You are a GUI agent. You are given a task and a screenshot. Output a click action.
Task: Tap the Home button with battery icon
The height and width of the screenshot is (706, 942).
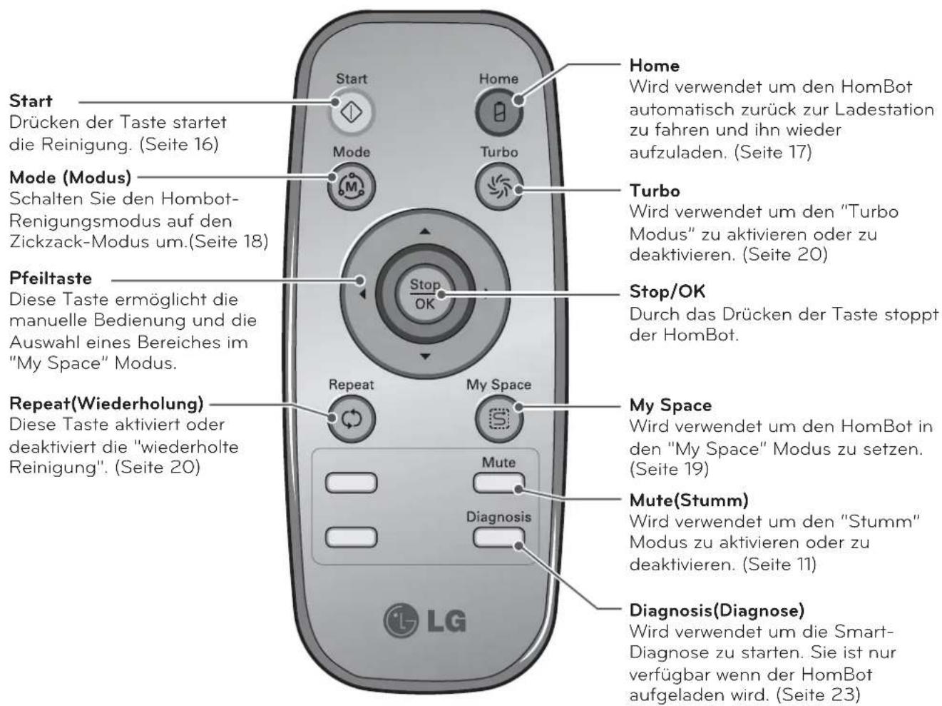pyautogui.click(x=498, y=113)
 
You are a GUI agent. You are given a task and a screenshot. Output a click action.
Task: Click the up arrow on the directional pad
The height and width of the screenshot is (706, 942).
pyautogui.click(x=425, y=231)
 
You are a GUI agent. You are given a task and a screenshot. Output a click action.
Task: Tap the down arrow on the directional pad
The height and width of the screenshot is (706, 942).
pyautogui.click(x=425, y=355)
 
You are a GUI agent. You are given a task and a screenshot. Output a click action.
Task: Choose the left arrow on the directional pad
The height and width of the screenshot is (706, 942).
pyautogui.click(x=362, y=293)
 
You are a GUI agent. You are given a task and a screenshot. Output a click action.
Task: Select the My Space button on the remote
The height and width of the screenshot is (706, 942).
pyautogui.click(x=498, y=419)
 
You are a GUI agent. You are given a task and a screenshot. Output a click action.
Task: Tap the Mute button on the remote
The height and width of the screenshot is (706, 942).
pyautogui.click(x=498, y=483)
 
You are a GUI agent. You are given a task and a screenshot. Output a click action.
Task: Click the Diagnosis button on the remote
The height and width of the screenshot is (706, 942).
pyautogui.click(x=498, y=538)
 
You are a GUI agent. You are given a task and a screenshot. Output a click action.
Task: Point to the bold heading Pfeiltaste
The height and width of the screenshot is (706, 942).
pyautogui.click(x=51, y=278)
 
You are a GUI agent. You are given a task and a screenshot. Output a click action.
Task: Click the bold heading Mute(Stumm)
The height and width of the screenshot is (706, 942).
pyautogui.click(x=688, y=499)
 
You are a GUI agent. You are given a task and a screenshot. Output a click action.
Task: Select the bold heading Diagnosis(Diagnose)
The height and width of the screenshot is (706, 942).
pyautogui.click(x=717, y=610)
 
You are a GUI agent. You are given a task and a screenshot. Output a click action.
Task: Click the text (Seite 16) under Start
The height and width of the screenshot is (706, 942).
pyautogui.click(x=178, y=143)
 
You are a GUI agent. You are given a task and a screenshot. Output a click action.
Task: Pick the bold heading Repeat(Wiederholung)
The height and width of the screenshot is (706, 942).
pyautogui.click(x=106, y=403)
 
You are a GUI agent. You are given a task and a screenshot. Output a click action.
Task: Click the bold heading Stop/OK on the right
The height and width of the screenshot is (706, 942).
pyautogui.click(x=667, y=291)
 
